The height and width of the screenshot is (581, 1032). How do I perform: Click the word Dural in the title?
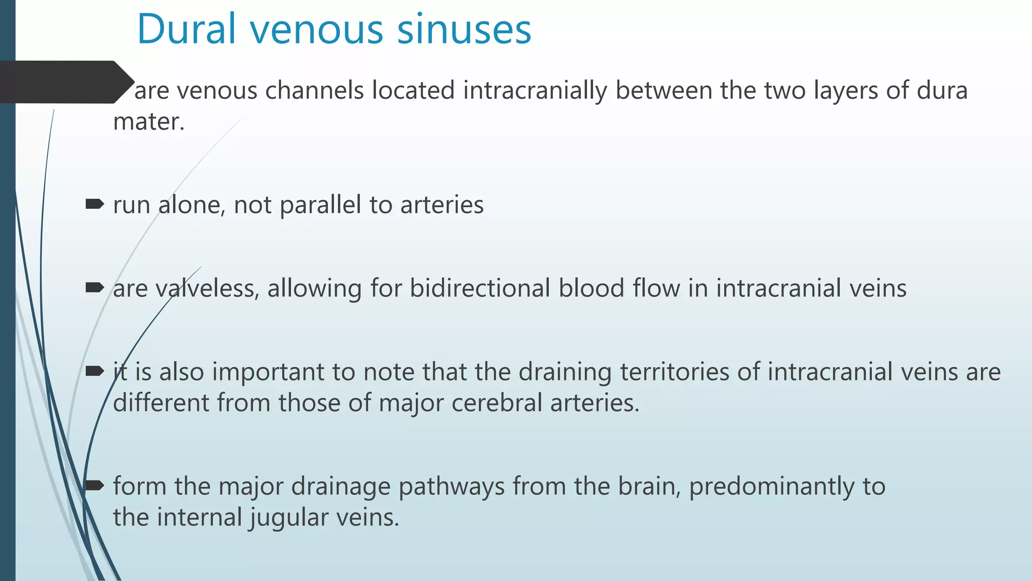click(x=186, y=29)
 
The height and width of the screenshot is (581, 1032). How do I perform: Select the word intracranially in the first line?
click(x=535, y=91)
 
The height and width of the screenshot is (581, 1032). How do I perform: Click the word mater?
click(x=149, y=122)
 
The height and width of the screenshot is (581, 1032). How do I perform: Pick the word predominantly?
click(x=771, y=487)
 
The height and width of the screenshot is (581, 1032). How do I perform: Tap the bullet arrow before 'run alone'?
click(x=95, y=204)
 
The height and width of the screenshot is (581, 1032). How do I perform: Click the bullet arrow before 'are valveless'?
click(x=95, y=288)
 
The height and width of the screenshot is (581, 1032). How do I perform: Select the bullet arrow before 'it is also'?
click(x=95, y=372)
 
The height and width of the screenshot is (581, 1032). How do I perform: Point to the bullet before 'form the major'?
click(x=95, y=486)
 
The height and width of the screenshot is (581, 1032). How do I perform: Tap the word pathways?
click(x=451, y=487)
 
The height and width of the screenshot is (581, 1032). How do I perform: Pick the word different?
click(x=161, y=403)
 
